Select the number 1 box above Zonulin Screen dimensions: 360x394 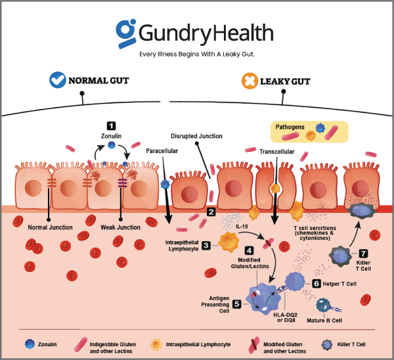(111, 125)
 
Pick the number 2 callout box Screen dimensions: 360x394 (210, 212)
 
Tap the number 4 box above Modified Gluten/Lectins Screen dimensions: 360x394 (249, 250)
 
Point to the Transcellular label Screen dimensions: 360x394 (276, 151)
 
